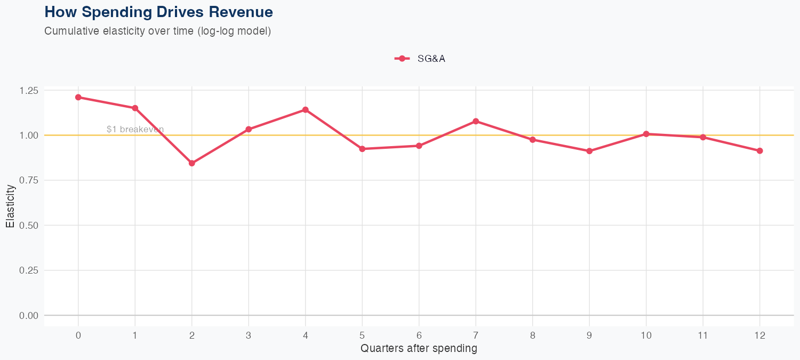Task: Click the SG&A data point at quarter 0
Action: click(78, 97)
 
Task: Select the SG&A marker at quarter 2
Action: click(192, 163)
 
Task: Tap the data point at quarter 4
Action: click(306, 110)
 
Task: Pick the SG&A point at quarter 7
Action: click(476, 121)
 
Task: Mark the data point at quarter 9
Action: click(589, 151)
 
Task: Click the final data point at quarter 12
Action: click(759, 151)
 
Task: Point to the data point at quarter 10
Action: click(646, 134)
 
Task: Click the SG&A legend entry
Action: click(420, 59)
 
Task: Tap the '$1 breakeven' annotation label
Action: click(135, 129)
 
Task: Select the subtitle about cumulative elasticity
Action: click(158, 31)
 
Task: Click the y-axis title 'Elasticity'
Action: click(10, 206)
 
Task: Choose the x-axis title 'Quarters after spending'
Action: click(419, 349)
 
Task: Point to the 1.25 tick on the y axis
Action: click(28, 90)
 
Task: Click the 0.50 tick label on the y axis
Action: click(28, 225)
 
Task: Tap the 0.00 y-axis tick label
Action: click(28, 315)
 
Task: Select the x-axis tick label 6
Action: click(419, 335)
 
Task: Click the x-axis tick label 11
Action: click(703, 335)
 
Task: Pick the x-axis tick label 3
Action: click(249, 335)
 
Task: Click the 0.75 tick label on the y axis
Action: click(28, 180)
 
